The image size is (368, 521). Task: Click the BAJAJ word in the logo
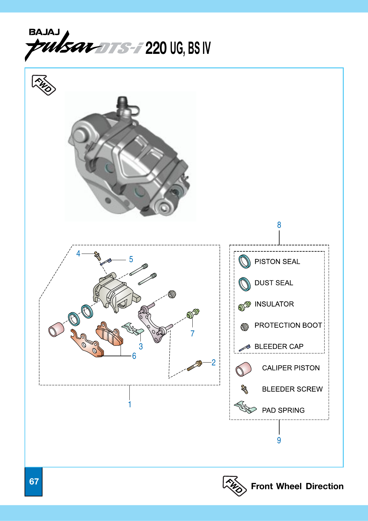click(x=44, y=32)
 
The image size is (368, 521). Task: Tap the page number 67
click(x=34, y=482)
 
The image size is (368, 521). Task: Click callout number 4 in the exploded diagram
click(x=78, y=254)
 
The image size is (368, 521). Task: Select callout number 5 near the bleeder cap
click(x=131, y=259)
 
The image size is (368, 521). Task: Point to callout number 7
click(x=192, y=334)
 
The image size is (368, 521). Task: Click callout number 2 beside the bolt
click(x=213, y=363)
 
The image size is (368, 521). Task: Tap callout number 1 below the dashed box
click(x=129, y=404)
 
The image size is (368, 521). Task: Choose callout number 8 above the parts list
click(x=279, y=225)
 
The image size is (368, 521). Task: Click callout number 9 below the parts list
click(x=279, y=440)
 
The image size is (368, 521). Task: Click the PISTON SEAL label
click(x=277, y=262)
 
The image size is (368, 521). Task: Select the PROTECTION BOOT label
click(x=288, y=325)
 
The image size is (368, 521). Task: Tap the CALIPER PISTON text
click(x=291, y=368)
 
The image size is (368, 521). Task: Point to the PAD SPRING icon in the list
click(x=245, y=408)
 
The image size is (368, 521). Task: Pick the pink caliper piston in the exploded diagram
click(x=56, y=329)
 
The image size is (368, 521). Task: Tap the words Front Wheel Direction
click(x=297, y=486)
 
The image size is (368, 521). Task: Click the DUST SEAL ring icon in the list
click(x=244, y=284)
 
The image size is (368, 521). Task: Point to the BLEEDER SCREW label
click(x=292, y=389)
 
